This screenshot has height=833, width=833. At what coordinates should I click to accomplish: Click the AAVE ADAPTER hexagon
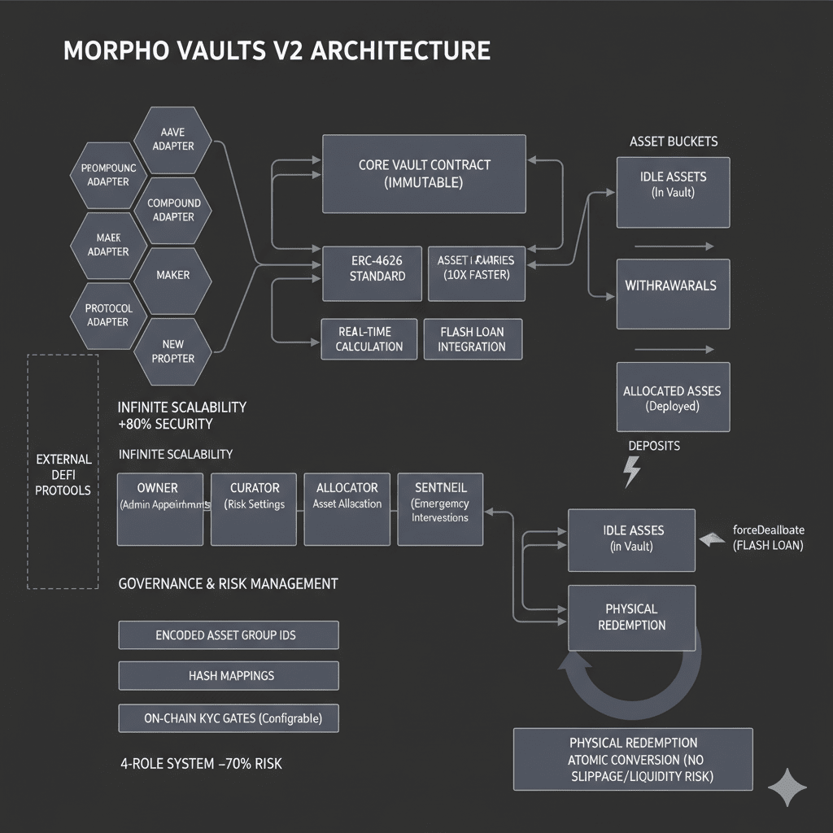click(x=172, y=139)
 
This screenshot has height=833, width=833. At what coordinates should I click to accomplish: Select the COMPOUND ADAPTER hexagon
click(x=173, y=210)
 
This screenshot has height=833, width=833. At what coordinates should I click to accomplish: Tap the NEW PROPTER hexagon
click(x=172, y=351)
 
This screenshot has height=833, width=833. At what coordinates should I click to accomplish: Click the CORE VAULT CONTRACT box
click(x=424, y=174)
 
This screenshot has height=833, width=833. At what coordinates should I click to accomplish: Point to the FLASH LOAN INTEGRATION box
click(x=472, y=339)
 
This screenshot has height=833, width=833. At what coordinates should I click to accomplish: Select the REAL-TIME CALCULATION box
click(x=369, y=339)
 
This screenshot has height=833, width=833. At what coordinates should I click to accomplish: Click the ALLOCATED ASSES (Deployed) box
click(x=672, y=398)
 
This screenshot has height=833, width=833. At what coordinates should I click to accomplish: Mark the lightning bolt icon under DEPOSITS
click(x=631, y=472)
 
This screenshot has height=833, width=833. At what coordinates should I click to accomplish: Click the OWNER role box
click(x=159, y=508)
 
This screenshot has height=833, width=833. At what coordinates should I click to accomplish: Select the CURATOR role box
click(x=254, y=508)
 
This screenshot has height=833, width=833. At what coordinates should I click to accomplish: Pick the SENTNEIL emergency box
click(x=439, y=508)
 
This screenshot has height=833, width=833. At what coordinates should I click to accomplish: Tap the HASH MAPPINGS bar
click(x=228, y=675)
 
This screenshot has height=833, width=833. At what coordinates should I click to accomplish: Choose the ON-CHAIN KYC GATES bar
click(x=228, y=718)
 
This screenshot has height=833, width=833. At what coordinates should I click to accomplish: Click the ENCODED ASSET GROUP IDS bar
click(x=228, y=635)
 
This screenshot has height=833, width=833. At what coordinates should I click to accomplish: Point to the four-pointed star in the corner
click(x=787, y=787)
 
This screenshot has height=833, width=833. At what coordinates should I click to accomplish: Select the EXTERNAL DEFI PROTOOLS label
click(x=63, y=475)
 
